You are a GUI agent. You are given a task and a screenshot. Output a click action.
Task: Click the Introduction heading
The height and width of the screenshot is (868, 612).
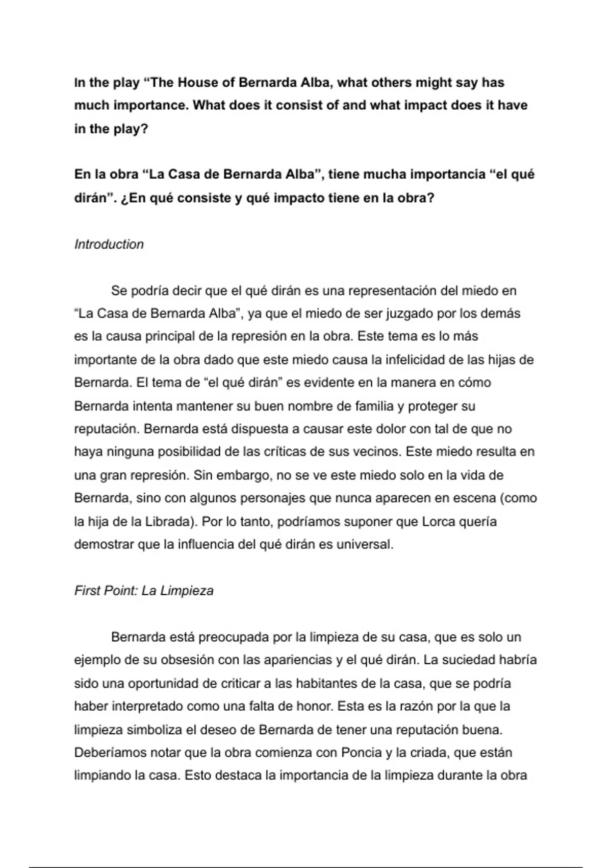point(109,244)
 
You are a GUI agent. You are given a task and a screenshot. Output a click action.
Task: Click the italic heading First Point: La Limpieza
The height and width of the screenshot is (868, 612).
point(144,591)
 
